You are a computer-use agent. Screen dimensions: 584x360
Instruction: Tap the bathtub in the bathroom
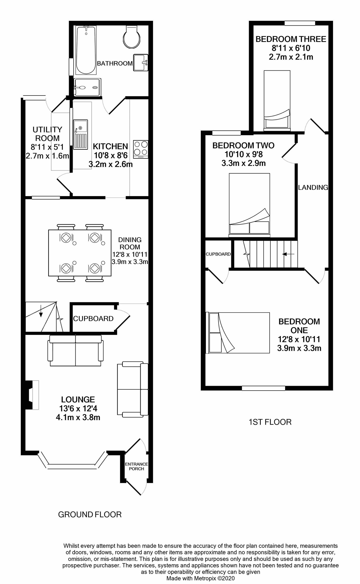(x=86, y=50)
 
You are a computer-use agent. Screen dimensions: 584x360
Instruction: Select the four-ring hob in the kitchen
(x=141, y=149)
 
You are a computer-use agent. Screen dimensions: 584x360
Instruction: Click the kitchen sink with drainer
(x=81, y=134)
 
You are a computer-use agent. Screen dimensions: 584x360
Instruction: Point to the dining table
(x=80, y=253)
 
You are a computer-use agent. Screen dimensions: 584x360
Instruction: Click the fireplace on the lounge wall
(x=32, y=395)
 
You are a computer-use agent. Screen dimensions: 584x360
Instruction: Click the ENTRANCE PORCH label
(x=136, y=466)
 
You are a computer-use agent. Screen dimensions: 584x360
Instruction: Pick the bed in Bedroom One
(x=238, y=333)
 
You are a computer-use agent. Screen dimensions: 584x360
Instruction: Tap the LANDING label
(x=313, y=188)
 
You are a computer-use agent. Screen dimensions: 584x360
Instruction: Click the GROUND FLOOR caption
(x=90, y=515)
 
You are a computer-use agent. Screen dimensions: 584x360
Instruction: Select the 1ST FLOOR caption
(x=270, y=422)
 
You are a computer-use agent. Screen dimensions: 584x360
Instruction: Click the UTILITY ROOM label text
(x=47, y=134)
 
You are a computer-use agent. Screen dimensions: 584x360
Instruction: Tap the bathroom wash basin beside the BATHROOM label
(x=141, y=63)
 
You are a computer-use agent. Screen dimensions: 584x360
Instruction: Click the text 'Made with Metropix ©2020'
(x=201, y=578)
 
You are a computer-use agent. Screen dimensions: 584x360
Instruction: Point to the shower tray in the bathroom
(x=87, y=87)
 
